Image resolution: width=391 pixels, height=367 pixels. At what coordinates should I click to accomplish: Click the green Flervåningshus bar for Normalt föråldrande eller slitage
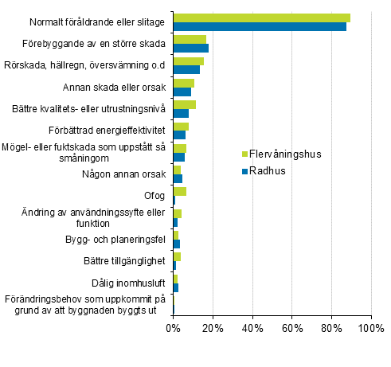(x=261, y=18)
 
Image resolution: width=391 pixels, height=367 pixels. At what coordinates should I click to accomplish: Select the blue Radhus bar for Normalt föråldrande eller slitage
(x=260, y=26)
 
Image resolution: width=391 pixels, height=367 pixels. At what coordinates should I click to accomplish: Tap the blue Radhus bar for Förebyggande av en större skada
(x=190, y=48)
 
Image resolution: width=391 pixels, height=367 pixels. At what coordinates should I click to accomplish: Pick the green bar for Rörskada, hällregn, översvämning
(x=188, y=61)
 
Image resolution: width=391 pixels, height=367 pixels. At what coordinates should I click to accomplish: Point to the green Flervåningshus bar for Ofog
(x=179, y=191)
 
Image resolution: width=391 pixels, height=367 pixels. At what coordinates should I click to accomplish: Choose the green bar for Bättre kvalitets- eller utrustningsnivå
(x=184, y=104)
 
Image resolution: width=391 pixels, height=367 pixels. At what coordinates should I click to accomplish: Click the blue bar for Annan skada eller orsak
(x=182, y=92)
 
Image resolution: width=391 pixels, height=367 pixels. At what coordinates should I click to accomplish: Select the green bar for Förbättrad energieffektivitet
(x=181, y=126)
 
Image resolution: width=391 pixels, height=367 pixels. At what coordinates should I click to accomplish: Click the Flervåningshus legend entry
(x=281, y=154)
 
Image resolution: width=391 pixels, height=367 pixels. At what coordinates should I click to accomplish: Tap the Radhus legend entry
(x=264, y=170)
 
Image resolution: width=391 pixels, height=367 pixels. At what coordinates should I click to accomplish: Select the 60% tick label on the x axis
(x=292, y=327)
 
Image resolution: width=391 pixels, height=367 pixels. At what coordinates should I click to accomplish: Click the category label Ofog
(x=154, y=195)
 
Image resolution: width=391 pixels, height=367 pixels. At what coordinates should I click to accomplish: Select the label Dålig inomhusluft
(x=129, y=282)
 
